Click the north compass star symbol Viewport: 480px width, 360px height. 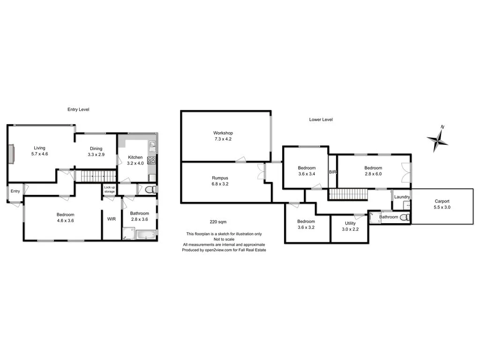tap(438, 139)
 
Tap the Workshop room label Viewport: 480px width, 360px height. tap(223, 133)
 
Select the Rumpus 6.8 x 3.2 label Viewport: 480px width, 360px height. tap(220, 181)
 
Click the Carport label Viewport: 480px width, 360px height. tap(442, 201)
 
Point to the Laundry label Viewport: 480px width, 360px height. tap(402, 197)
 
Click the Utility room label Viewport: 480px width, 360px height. tap(350, 223)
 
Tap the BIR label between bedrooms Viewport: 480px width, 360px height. tap(332, 172)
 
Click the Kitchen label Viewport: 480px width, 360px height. tap(135, 157)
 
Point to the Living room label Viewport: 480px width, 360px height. tap(39, 148)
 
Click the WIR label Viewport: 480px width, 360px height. tap(112, 219)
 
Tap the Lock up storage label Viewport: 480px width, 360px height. tap(109, 189)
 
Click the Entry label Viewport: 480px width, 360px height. tap(15, 191)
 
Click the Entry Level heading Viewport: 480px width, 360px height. tap(78, 109)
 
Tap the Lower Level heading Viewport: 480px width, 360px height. tap(321, 120)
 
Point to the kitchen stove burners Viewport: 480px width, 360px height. tap(152, 160)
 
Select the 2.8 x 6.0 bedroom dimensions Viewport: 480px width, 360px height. tap(373, 174)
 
